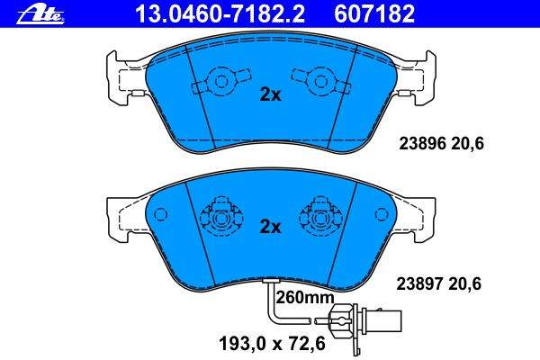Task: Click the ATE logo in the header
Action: [40, 14]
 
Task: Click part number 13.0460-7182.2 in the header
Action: [220, 14]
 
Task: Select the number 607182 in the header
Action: [374, 14]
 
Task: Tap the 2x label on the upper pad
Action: [270, 94]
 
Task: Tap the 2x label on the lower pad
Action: [270, 227]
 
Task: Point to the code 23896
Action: [423, 143]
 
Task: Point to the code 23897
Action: [419, 283]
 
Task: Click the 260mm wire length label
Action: [305, 297]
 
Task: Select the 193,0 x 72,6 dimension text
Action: [272, 344]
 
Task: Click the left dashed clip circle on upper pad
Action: [220, 82]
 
